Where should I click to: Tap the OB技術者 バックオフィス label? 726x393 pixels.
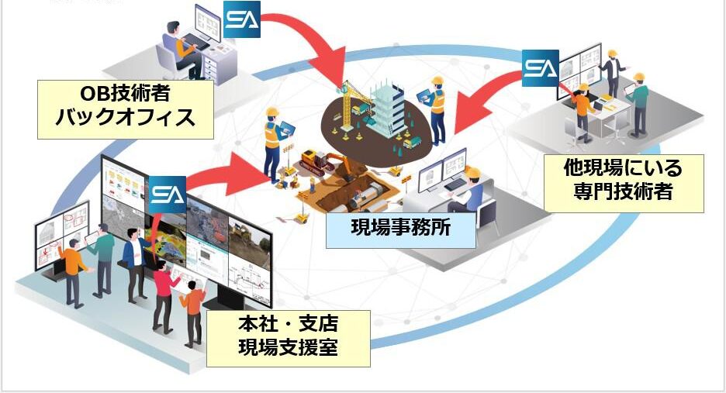(x=126, y=108)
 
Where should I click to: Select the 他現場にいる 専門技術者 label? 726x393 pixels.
(x=624, y=182)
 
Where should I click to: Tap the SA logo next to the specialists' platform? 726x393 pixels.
(x=540, y=68)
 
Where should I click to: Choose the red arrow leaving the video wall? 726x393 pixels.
(x=225, y=174)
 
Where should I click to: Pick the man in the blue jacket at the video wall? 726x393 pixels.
(x=134, y=260)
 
